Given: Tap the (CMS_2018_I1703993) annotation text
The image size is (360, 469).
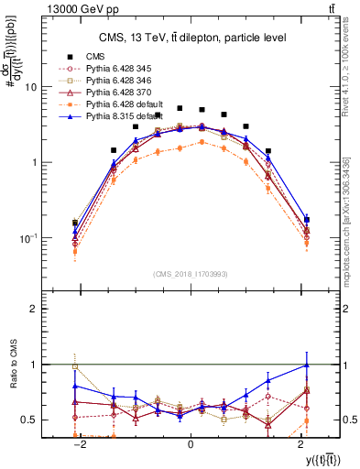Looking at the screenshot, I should [x=190, y=274].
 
